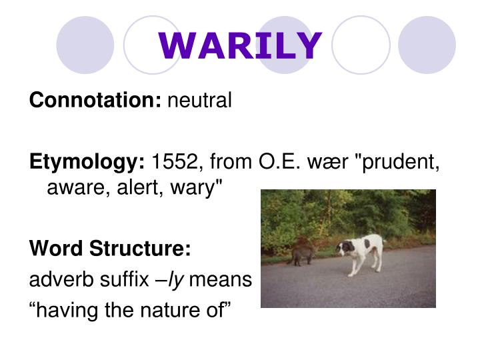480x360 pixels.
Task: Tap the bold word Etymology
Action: (x=87, y=162)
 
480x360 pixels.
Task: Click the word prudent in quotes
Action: (x=399, y=162)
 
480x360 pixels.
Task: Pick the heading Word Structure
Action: (x=110, y=249)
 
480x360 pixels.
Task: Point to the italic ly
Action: (x=176, y=280)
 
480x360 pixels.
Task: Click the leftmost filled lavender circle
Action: (x=85, y=45)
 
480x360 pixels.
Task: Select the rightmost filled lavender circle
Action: (x=427, y=45)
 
